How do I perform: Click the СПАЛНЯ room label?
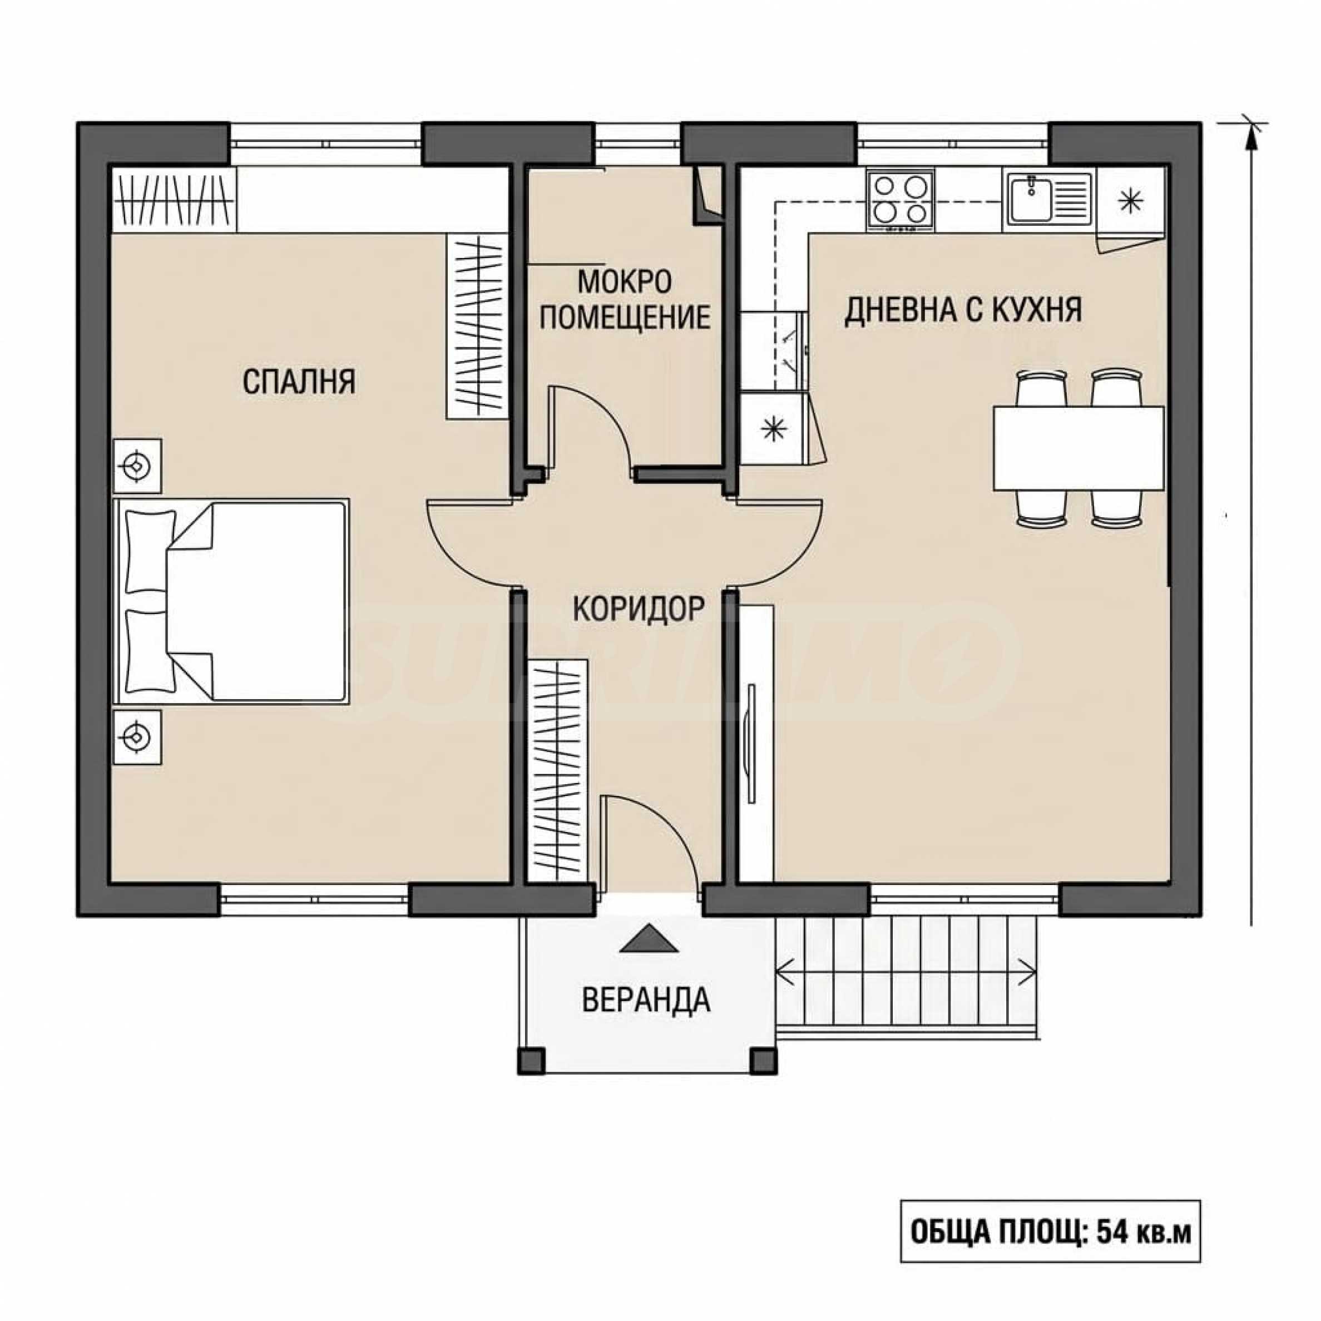click(299, 382)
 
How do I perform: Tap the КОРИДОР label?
click(638, 608)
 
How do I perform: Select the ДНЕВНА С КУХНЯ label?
click(963, 310)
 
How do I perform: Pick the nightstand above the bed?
click(137, 466)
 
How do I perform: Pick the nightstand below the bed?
click(137, 737)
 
